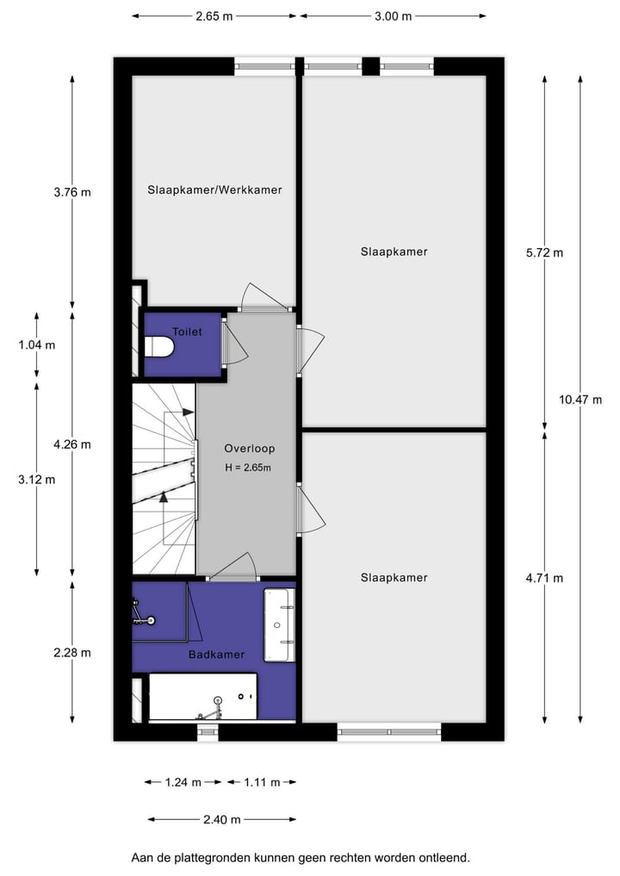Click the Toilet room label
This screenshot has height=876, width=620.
(187, 331)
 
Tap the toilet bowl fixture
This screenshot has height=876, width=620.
(159, 347)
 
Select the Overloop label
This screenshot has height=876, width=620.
(249, 449)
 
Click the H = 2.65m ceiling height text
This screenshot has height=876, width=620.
(248, 468)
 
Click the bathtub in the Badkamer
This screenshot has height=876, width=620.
(203, 697)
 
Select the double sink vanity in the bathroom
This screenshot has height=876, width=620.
(279, 625)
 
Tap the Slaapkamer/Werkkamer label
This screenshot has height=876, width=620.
(214, 189)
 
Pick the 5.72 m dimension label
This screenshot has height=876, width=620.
(544, 252)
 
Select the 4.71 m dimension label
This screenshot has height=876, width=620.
(544, 578)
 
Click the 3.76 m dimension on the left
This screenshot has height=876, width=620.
(71, 192)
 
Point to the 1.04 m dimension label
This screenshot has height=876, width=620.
(36, 345)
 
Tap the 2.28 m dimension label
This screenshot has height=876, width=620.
(71, 652)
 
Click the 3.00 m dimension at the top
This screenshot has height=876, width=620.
(393, 16)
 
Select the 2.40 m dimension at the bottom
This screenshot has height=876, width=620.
(221, 819)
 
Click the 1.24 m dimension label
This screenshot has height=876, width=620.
(183, 782)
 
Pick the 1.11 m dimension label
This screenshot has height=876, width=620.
(262, 782)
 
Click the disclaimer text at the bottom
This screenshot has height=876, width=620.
(301, 857)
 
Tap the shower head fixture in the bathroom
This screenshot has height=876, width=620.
(151, 620)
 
